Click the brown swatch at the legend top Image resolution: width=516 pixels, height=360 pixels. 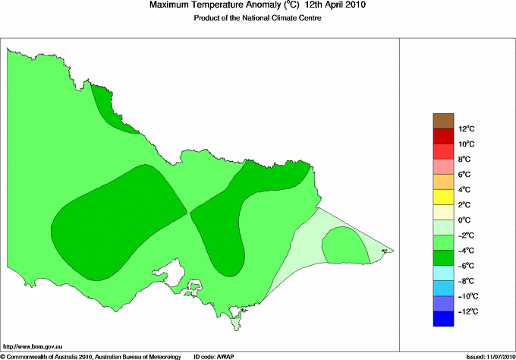pos(442,120)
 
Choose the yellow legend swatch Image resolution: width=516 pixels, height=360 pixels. pos(442,197)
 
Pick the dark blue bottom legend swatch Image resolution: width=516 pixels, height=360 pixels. pos(442,319)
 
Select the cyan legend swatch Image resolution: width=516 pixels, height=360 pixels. pos(442,273)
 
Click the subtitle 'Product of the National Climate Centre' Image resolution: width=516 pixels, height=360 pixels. pos(258,18)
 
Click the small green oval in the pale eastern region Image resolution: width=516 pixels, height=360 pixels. pos(345,246)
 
